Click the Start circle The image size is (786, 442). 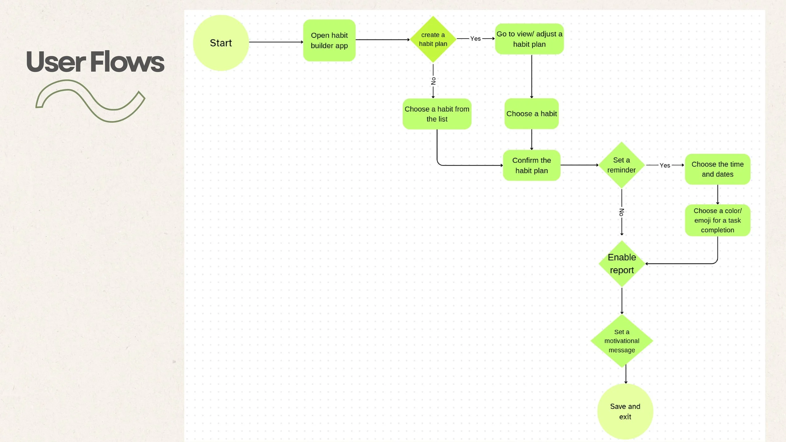point(221,43)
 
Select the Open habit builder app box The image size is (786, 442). point(329,41)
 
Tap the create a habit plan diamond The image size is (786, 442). point(433,39)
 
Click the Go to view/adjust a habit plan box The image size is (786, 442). point(529,39)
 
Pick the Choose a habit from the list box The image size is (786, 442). point(437,114)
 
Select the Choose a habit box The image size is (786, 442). point(531,114)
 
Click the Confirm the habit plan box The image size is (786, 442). point(531,165)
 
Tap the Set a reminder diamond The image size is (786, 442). point(621,165)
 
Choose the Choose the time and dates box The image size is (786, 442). point(717,169)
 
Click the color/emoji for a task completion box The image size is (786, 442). point(717,220)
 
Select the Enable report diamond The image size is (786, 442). point(622,264)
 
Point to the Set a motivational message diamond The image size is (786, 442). point(622,341)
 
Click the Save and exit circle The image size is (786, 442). point(625,412)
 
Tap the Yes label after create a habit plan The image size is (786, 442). point(475,39)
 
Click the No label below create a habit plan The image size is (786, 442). point(433,81)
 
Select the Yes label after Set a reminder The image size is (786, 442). point(665,165)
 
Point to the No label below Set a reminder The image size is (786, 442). point(622,212)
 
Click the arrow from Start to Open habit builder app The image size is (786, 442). point(276,42)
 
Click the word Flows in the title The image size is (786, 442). point(127,62)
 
